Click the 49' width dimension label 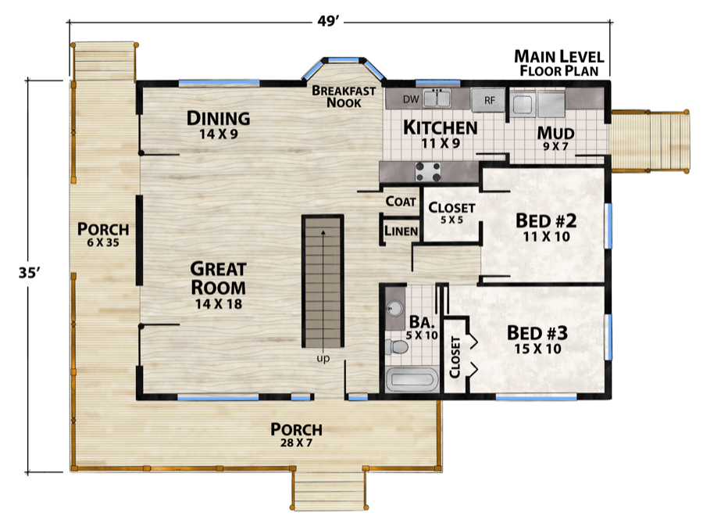tap(328, 21)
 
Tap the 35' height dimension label tap(30, 273)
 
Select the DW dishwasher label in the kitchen tap(410, 99)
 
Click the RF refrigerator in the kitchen tap(489, 100)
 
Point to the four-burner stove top tap(428, 172)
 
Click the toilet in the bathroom tap(396, 347)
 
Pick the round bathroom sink tap(394, 308)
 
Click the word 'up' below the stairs tap(323, 358)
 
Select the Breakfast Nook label tap(344, 96)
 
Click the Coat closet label tap(401, 202)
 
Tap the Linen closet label tap(401, 231)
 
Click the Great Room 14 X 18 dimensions tap(219, 303)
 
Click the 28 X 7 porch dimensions tap(296, 442)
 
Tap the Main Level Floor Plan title tap(559, 63)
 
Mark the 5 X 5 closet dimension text tap(451, 220)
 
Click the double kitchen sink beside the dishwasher tap(437, 99)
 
